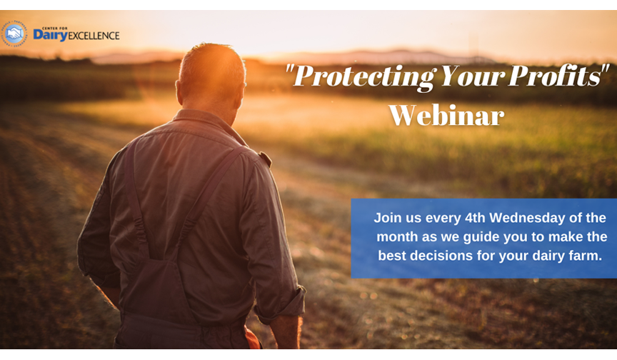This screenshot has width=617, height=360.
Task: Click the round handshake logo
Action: tap(14, 34)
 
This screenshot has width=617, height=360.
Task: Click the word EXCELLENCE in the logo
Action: tap(94, 36)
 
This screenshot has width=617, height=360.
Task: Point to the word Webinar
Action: tap(446, 115)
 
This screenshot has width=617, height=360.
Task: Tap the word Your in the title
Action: tap(473, 76)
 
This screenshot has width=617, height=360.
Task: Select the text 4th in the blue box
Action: tap(475, 218)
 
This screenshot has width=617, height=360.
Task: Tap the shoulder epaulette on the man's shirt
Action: tap(264, 159)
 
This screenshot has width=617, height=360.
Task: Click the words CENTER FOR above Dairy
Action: tap(55, 29)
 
